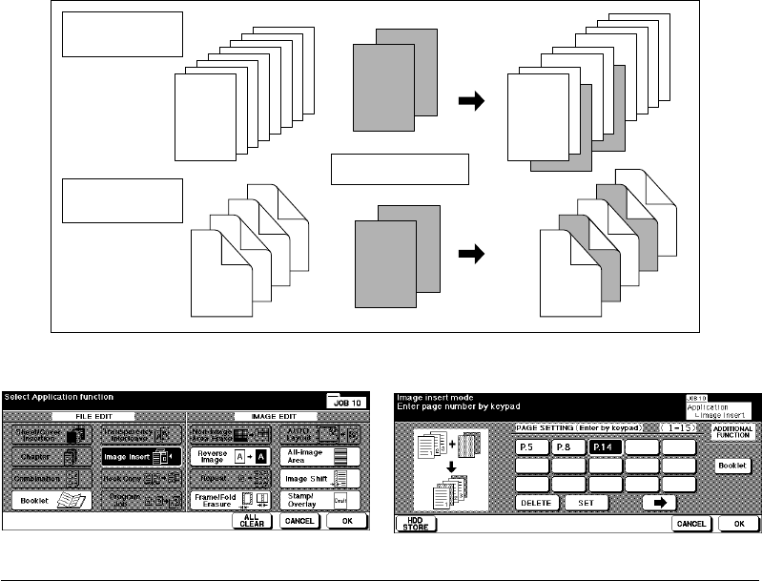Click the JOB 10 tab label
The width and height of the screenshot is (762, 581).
pyautogui.click(x=346, y=403)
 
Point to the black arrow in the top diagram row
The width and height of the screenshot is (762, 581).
pyautogui.click(x=471, y=104)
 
